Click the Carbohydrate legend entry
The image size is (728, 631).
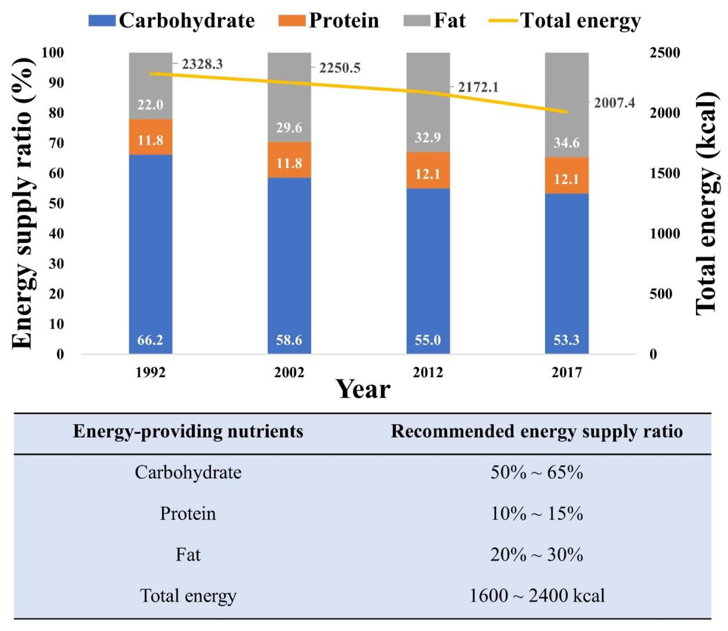click(172, 20)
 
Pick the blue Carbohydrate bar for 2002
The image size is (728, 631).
click(289, 264)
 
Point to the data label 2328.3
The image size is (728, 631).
click(202, 64)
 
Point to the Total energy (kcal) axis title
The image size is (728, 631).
click(706, 202)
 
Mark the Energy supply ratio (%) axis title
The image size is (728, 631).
click(23, 202)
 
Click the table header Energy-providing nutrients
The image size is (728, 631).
click(188, 431)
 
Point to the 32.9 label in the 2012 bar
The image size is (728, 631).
click(428, 137)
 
